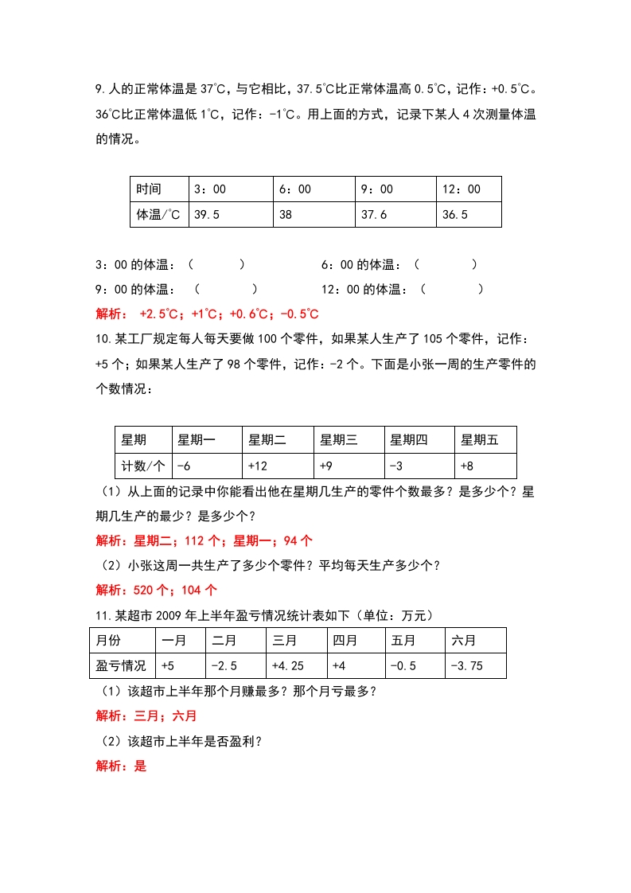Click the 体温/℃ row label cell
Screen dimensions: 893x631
[x=158, y=215]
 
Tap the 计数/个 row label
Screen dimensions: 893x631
[x=143, y=466]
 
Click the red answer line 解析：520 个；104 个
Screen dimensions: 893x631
[x=156, y=590]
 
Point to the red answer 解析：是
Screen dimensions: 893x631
[x=121, y=766]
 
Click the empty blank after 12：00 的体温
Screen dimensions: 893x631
[x=451, y=290]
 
